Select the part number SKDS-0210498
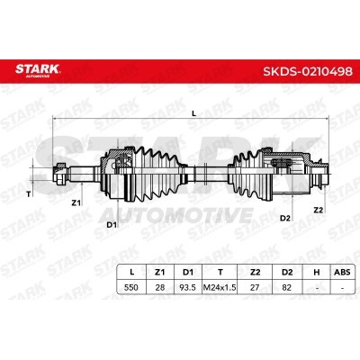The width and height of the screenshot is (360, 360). pyautogui.click(x=308, y=71)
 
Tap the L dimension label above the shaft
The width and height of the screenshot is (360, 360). pyautogui.click(x=193, y=113)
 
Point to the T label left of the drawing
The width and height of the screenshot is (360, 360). pyautogui.click(x=29, y=194)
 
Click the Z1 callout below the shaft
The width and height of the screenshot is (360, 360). pyautogui.click(x=76, y=203)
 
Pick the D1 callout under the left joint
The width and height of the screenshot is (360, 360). pyautogui.click(x=112, y=224)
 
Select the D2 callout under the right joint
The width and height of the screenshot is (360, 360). pyautogui.click(x=285, y=218)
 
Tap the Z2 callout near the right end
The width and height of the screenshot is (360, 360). pyautogui.click(x=319, y=211)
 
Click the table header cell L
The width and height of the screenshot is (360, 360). pyautogui.click(x=131, y=272)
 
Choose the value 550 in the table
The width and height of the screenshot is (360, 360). pyautogui.click(x=131, y=287)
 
